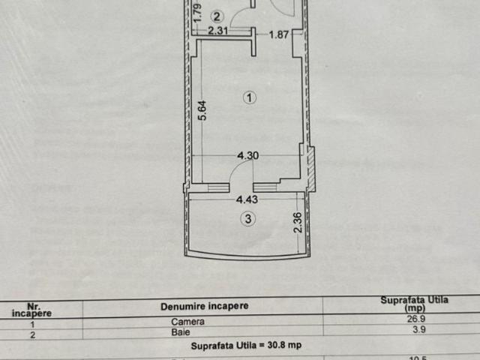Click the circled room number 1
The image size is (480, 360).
pos(250,97)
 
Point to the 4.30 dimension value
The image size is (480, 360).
pos(248,156)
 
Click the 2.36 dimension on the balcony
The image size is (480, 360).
pos(298,222)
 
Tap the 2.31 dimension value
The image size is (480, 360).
pos(217,31)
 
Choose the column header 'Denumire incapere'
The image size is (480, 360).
pos(204,306)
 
